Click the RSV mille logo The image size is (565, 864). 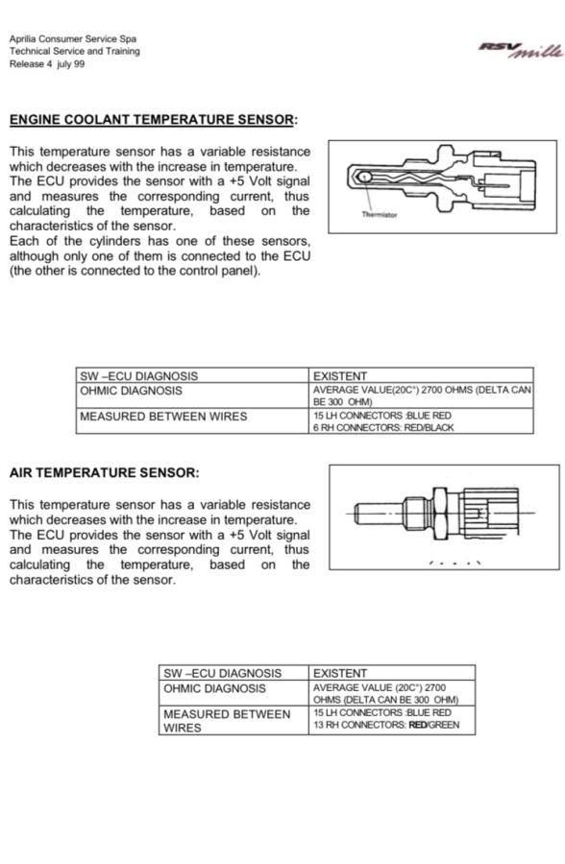point(522,50)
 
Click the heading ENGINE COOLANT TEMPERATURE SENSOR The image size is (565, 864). point(152,120)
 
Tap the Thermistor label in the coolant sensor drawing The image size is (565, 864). point(379,215)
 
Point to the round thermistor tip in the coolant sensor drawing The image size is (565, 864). point(363,177)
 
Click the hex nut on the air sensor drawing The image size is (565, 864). point(440,514)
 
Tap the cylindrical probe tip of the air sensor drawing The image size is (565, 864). point(378,514)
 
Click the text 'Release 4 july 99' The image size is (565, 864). point(47,64)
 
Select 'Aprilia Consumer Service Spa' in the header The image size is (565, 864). point(73,39)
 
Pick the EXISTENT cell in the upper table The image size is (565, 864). point(421,375)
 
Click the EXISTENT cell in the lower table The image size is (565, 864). point(392,673)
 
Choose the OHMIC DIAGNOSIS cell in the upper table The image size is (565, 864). point(192,396)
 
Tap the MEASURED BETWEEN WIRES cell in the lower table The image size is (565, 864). point(233,720)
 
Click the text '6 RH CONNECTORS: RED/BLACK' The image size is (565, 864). point(383,427)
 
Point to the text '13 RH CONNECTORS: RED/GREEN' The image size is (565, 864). point(386,725)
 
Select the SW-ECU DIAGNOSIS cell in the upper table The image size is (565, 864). point(192,375)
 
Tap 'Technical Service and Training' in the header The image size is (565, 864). point(75,51)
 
